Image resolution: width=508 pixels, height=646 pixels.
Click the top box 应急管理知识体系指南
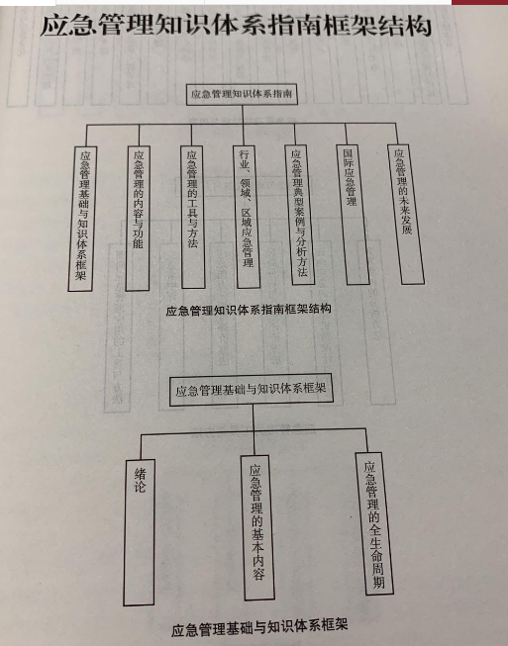point(242,94)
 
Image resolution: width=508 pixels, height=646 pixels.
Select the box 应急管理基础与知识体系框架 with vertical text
point(82,219)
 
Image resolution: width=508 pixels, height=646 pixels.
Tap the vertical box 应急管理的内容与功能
point(138,218)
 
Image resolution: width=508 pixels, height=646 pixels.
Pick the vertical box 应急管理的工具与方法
point(192,217)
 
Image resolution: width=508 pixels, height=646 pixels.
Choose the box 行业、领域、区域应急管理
point(247,217)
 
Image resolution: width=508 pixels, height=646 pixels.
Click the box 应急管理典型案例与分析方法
point(299,215)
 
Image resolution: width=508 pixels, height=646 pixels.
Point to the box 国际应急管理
point(353,215)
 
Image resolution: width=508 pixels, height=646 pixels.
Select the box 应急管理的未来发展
point(406,215)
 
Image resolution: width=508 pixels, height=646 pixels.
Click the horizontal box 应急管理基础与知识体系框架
point(252,390)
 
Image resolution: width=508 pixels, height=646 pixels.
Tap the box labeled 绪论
point(140,532)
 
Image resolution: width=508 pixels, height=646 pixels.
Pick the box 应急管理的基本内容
point(257,527)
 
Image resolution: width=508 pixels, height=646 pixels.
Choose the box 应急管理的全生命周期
point(374,523)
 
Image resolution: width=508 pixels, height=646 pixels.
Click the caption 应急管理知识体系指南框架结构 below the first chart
point(249,309)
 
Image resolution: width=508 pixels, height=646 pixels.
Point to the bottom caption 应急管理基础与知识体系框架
point(259,627)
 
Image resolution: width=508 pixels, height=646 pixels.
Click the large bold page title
point(236,26)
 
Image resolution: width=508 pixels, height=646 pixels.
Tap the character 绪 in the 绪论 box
point(140,474)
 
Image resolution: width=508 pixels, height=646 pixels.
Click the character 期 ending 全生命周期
point(378,582)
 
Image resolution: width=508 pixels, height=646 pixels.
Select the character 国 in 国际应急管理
point(348,154)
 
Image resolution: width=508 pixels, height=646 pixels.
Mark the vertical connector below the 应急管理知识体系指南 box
point(243,115)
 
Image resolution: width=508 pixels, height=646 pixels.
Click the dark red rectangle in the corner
point(480,2)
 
